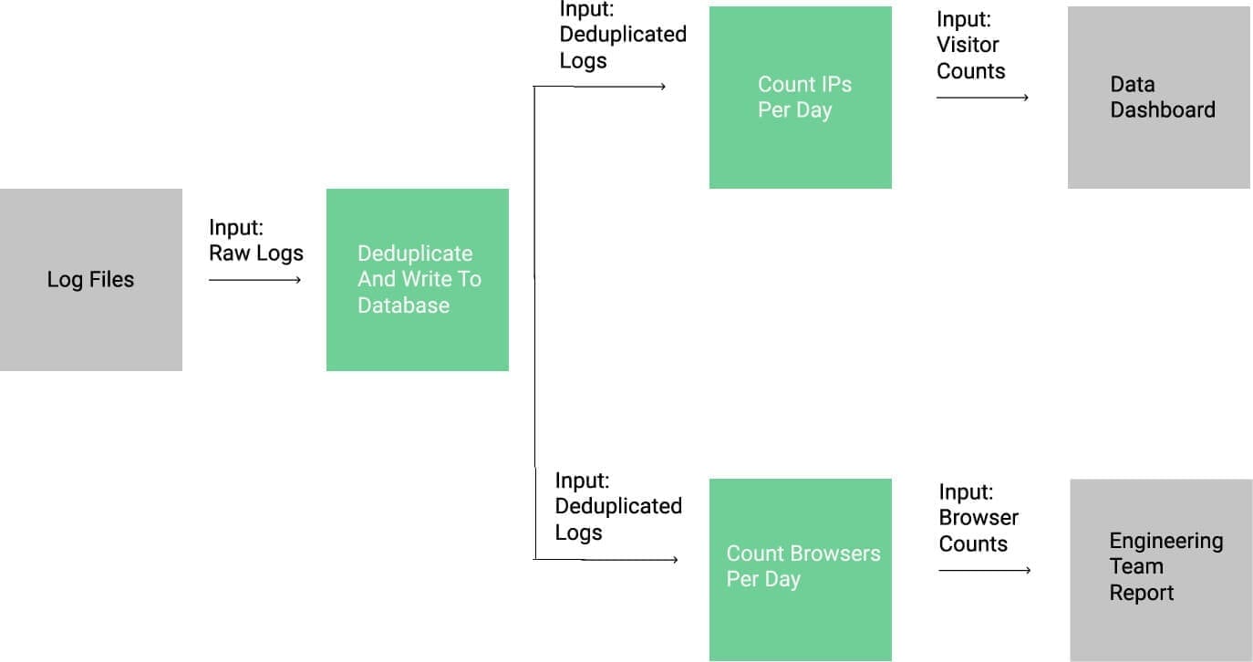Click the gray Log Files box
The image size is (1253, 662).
click(91, 279)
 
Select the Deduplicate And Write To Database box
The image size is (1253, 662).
click(417, 279)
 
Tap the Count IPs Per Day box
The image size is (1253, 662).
click(800, 98)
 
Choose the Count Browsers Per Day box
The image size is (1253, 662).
click(800, 570)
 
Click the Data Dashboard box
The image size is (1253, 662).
click(1158, 98)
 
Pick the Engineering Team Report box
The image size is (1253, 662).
click(1161, 570)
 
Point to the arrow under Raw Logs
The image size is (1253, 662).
click(254, 280)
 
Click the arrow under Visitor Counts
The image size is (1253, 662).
click(982, 98)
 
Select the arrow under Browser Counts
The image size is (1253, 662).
click(984, 571)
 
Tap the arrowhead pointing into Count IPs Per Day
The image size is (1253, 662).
click(662, 88)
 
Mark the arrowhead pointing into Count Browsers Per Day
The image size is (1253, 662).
click(674, 560)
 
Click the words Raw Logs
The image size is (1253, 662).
click(256, 253)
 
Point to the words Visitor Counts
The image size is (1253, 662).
click(969, 58)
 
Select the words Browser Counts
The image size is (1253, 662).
click(978, 531)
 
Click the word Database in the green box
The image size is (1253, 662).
click(403, 305)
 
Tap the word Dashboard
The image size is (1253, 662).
click(1163, 110)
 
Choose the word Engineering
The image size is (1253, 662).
click(1165, 541)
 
